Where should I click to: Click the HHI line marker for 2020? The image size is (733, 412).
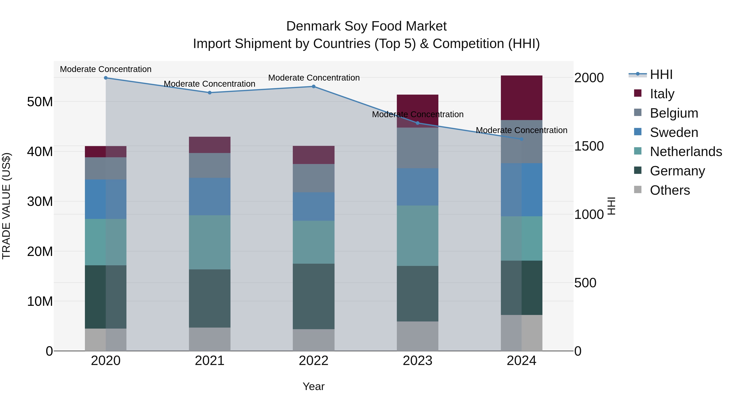105,78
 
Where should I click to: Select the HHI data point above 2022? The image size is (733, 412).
314,86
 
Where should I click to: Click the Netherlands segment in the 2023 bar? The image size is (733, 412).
417,236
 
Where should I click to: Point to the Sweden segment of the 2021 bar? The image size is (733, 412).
210,197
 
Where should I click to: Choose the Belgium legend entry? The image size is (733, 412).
674,113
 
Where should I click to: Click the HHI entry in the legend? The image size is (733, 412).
661,74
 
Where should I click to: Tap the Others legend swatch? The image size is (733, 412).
638,190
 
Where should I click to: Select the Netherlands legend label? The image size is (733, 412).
686,152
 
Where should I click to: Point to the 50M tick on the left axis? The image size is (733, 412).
40,102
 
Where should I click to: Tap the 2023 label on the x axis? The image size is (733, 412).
417,361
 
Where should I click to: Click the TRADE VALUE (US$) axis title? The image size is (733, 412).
6,206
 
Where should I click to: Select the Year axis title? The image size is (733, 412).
314,386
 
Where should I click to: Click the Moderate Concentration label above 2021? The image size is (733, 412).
210,84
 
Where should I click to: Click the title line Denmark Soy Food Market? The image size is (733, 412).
366,26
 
